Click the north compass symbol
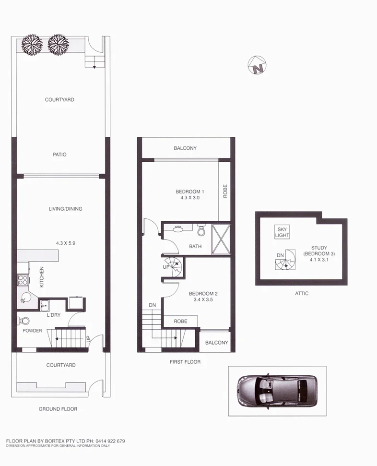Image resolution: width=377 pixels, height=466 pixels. coord(258,66)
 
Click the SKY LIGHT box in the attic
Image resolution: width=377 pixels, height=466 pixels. coord(282,232)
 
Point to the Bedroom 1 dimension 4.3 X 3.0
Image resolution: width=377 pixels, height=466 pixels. coord(190,197)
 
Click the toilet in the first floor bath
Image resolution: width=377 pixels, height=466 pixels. coord(201,231)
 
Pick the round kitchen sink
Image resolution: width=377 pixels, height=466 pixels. coord(24,300)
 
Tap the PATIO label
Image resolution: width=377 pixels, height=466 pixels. coord(59,155)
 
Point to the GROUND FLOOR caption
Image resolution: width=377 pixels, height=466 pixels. coord(58,409)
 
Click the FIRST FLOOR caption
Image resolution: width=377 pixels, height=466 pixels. coord(185,362)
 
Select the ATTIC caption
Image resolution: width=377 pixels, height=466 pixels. coord(302,293)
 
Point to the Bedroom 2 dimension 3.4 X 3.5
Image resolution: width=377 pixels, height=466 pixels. coord(200,299)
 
